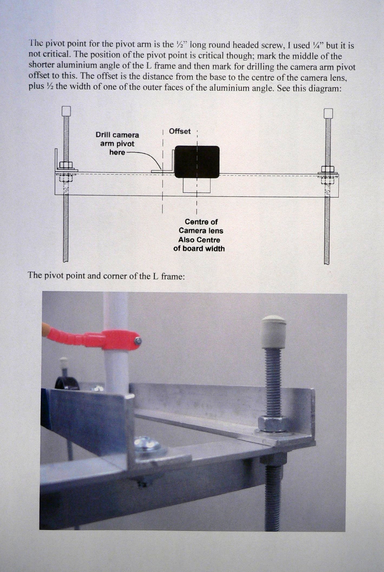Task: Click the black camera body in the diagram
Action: (197, 162)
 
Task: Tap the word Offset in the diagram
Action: (180, 131)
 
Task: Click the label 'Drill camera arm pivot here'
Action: (117, 144)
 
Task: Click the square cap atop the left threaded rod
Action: (66, 111)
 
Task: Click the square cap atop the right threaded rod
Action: (328, 113)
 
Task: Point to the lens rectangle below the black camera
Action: (196, 185)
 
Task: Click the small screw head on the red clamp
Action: (138, 341)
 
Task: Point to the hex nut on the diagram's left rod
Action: (65, 165)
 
